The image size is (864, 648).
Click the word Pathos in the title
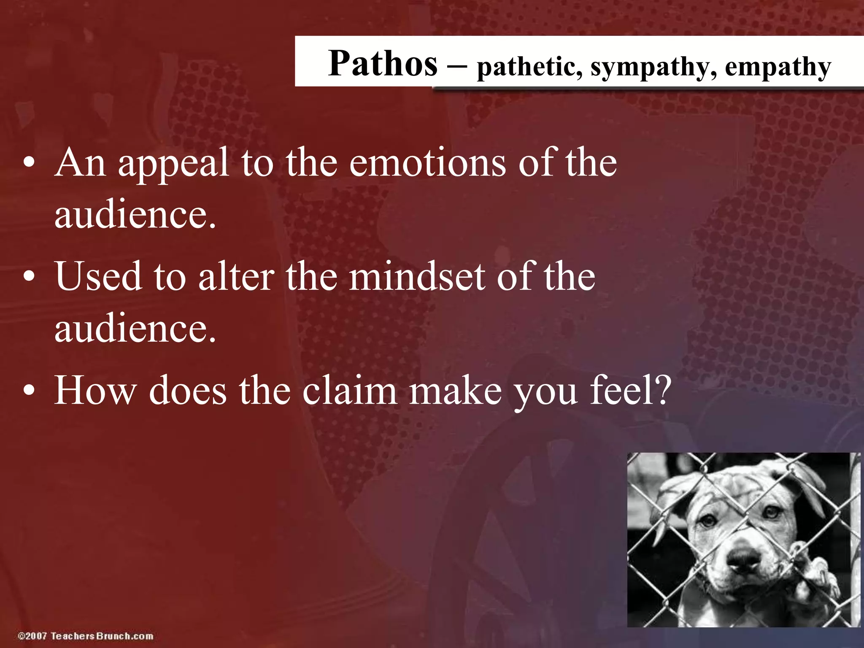click(383, 63)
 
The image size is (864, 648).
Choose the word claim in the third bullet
click(350, 390)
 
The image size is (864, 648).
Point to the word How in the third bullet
click(95, 390)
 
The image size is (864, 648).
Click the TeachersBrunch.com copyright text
click(86, 636)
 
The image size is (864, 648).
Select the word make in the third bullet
click(456, 390)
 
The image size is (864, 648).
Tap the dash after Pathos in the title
click(457, 66)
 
